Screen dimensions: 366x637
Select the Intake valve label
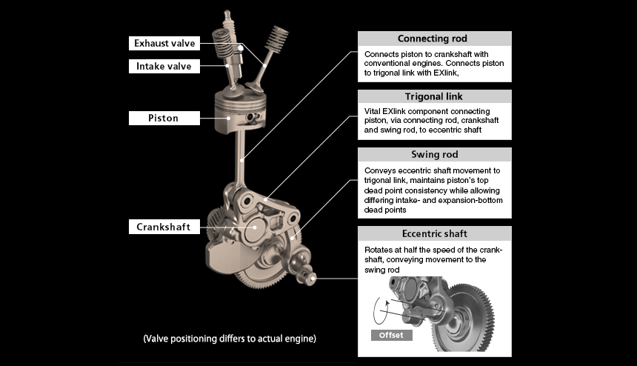164,66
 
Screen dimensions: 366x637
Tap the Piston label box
164,117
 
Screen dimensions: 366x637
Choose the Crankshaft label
164,227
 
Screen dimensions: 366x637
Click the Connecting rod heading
433,39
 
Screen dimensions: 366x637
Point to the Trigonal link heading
433,96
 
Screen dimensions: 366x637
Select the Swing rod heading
434,155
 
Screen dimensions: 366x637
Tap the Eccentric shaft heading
434,234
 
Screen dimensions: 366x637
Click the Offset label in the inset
390,335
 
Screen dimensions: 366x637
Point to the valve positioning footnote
230,339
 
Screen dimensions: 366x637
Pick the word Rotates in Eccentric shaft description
379,250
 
